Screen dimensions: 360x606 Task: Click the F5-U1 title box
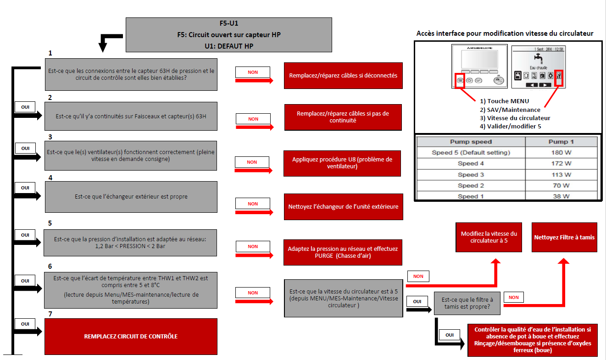point(228,34)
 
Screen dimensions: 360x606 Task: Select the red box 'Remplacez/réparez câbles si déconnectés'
point(343,75)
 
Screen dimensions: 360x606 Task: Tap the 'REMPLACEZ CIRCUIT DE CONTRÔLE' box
point(131,336)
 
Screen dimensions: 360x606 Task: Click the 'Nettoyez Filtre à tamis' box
point(564,237)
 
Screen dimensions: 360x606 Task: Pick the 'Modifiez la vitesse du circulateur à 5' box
point(489,237)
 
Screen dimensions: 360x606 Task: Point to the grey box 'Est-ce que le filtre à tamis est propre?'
point(467,303)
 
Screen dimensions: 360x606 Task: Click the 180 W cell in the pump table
point(561,153)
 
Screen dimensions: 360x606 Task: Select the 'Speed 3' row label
point(471,175)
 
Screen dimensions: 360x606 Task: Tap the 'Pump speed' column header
point(471,142)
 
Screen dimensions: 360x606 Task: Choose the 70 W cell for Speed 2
point(561,186)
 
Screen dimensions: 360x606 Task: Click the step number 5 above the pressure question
point(50,223)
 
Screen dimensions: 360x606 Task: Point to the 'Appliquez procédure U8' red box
point(342,163)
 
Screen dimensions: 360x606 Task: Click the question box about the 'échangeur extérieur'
point(131,197)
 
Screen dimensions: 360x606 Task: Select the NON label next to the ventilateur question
point(252,162)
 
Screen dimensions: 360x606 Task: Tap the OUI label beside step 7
point(25,324)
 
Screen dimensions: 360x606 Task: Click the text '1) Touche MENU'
point(504,101)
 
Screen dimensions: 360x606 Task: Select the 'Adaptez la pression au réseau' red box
point(343,252)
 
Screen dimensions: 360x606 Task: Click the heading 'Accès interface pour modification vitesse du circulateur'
point(505,33)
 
